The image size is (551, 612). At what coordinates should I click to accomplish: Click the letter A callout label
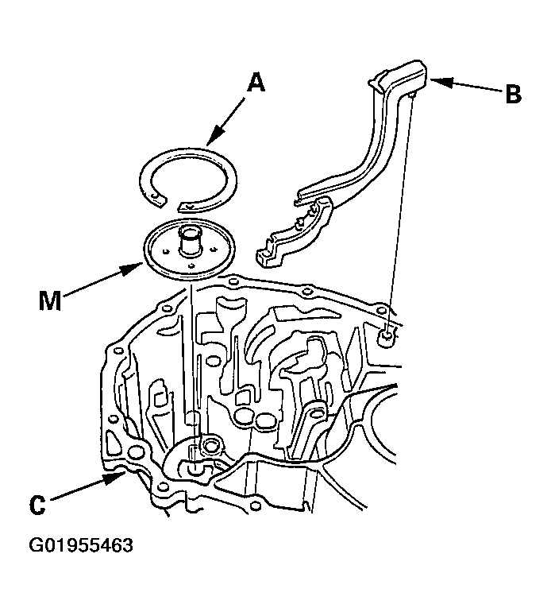click(256, 83)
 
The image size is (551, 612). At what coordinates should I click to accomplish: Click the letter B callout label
click(513, 95)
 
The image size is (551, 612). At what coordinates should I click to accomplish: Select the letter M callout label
click(50, 301)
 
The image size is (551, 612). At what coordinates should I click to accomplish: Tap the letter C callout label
click(37, 505)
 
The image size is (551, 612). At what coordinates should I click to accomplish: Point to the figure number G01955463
click(81, 545)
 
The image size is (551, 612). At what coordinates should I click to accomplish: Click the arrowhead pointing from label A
click(215, 137)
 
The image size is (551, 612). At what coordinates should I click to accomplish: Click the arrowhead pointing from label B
click(441, 83)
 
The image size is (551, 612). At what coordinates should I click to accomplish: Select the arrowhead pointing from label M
click(132, 269)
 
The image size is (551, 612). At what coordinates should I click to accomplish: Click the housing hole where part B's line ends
click(386, 335)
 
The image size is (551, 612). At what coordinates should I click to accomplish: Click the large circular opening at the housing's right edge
click(384, 428)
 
